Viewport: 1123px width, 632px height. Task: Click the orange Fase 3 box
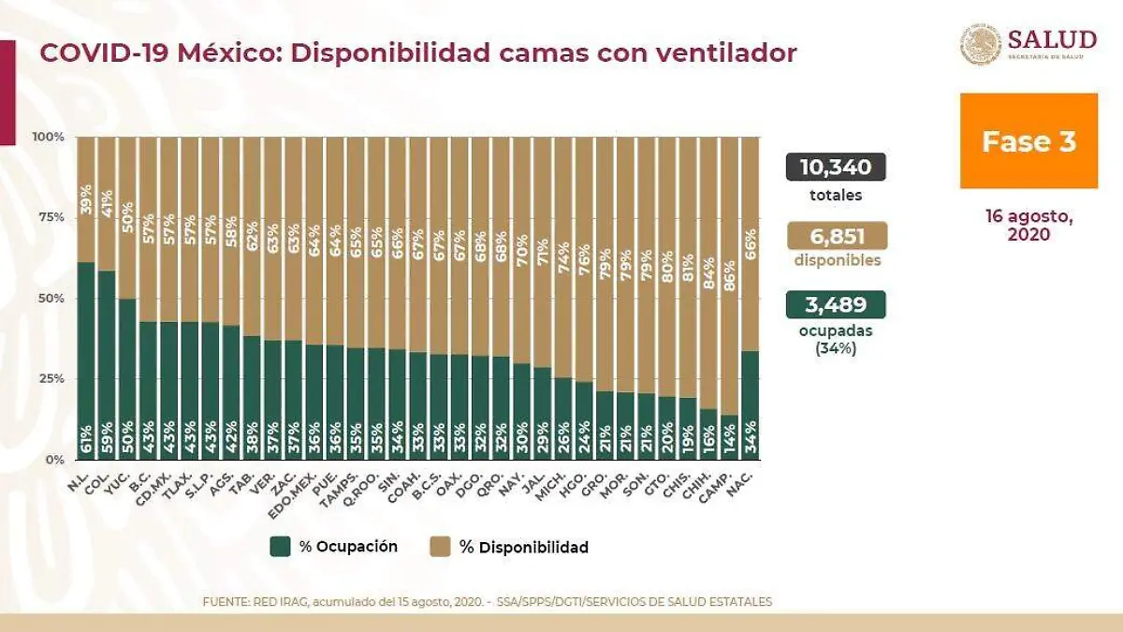coord(1028,140)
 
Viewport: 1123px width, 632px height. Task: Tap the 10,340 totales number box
coord(836,168)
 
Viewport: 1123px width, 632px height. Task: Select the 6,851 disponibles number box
coord(836,236)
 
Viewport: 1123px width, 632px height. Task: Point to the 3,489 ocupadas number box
coord(836,304)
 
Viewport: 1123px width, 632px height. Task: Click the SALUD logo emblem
coord(981,45)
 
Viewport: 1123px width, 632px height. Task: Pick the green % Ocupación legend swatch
coord(280,547)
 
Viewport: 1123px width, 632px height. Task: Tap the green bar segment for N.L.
coord(86,360)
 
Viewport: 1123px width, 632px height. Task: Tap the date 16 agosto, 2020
coord(1028,226)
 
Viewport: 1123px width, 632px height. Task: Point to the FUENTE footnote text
coord(487,601)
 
